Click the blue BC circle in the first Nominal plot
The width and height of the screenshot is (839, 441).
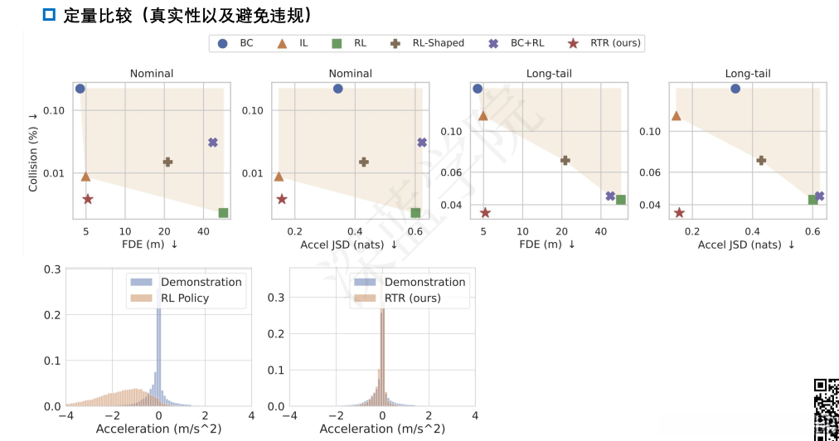coord(80,89)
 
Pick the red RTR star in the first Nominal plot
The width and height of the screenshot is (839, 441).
coord(88,199)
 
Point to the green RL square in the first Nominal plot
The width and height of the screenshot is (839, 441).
coord(223,213)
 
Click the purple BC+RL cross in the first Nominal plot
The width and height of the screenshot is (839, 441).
coord(213,143)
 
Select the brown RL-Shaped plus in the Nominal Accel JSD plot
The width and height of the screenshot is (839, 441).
coord(363,162)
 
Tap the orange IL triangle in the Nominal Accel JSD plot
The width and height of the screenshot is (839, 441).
coord(279,177)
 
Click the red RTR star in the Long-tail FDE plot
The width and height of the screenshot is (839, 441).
coord(485,213)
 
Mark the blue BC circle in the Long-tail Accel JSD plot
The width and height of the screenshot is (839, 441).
coord(735,89)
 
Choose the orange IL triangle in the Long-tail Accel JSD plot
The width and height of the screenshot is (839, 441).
coord(676,116)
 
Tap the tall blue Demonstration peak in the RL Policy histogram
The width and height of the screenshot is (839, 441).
coord(158,348)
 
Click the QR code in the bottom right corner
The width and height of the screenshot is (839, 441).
coord(826,409)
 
